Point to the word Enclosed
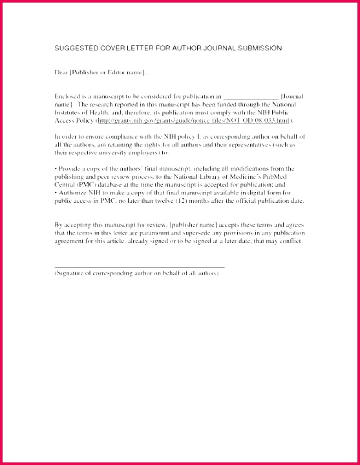[x=69, y=96]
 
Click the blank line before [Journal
[x=250, y=96]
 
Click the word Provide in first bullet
[x=70, y=169]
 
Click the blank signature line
[x=139, y=265]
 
